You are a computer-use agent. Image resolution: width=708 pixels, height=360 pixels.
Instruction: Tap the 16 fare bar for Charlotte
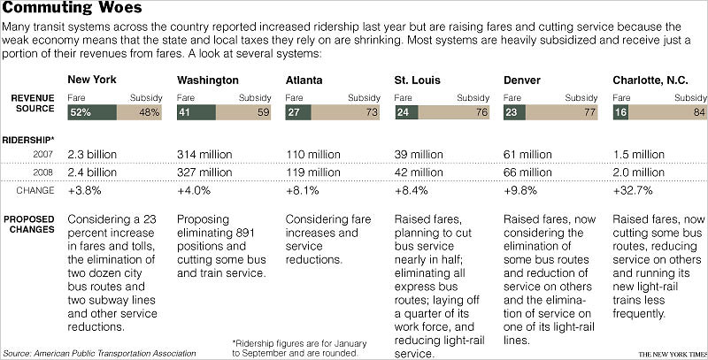click(x=620, y=112)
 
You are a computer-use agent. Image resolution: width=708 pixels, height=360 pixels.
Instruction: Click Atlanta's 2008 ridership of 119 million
click(x=315, y=171)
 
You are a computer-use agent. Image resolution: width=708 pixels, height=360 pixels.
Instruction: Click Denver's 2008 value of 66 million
click(x=533, y=171)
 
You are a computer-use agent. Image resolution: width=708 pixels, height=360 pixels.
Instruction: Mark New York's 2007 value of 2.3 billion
click(x=91, y=154)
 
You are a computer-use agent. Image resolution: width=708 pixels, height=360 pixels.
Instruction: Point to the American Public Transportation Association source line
click(x=101, y=352)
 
